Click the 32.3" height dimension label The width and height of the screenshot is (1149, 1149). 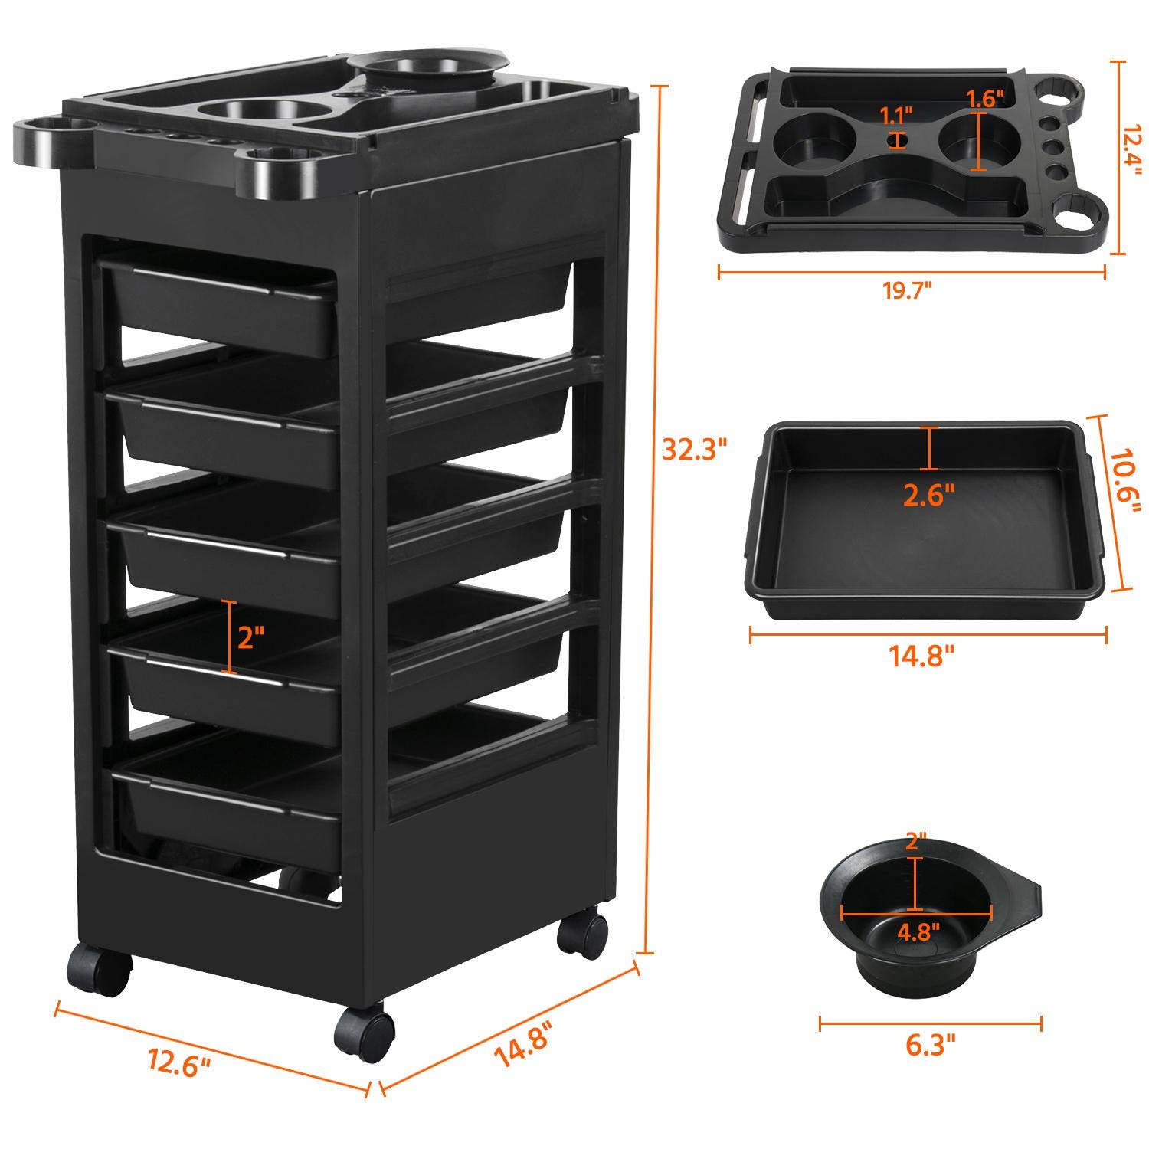pos(694,450)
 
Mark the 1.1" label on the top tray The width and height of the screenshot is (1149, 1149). pos(896,116)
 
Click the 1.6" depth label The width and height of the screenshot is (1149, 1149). pos(984,98)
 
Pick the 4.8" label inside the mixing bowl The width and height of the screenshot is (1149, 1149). pos(918,932)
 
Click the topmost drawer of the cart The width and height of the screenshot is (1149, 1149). pos(222,303)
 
